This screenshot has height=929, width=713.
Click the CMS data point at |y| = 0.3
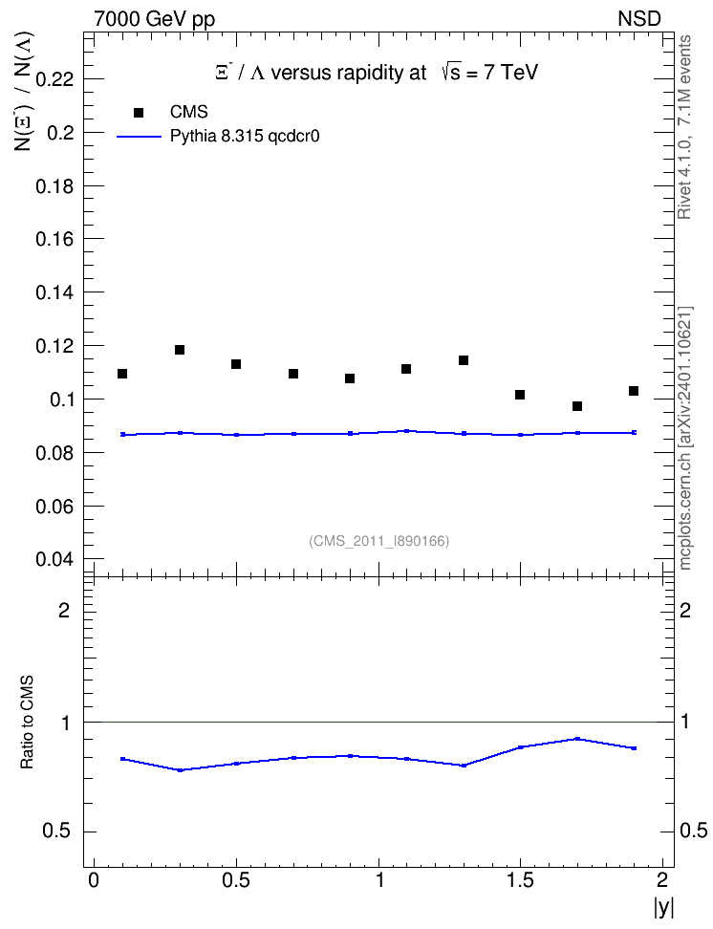(180, 350)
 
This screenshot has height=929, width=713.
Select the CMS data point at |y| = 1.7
(577, 406)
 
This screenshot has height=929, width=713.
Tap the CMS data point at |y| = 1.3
(464, 360)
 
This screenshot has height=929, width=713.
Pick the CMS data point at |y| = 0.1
(122, 374)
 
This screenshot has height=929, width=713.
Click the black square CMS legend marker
(139, 113)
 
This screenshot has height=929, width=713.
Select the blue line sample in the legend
(139, 137)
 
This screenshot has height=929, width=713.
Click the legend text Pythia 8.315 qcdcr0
(245, 137)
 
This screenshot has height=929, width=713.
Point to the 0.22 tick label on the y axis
(54, 78)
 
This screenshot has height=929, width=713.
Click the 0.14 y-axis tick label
(54, 292)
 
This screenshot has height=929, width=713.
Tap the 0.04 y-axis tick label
(54, 559)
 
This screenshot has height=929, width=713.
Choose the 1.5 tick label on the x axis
(520, 880)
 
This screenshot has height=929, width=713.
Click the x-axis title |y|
(664, 907)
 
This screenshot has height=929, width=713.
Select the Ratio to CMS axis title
(28, 723)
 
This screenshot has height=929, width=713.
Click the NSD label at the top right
(639, 19)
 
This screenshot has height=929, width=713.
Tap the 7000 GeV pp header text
(154, 19)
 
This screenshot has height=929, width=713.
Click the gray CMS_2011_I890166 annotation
(379, 541)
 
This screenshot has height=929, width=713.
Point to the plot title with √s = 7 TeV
(377, 73)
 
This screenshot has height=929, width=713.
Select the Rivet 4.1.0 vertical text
(684, 127)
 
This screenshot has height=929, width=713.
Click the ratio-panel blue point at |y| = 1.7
(577, 739)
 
